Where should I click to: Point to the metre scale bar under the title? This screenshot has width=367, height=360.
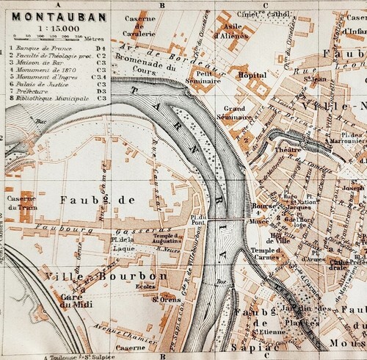pos(55,38)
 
